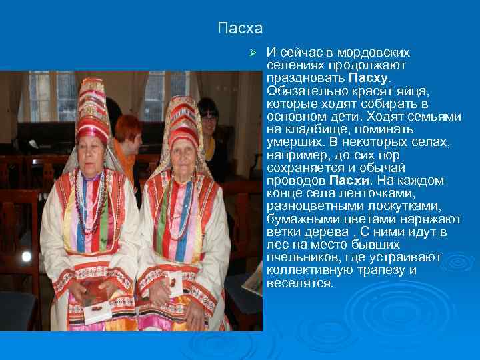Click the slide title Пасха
[240, 29]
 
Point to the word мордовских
[374, 52]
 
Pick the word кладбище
[317, 129]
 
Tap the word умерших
[291, 142]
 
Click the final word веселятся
[299, 283]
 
